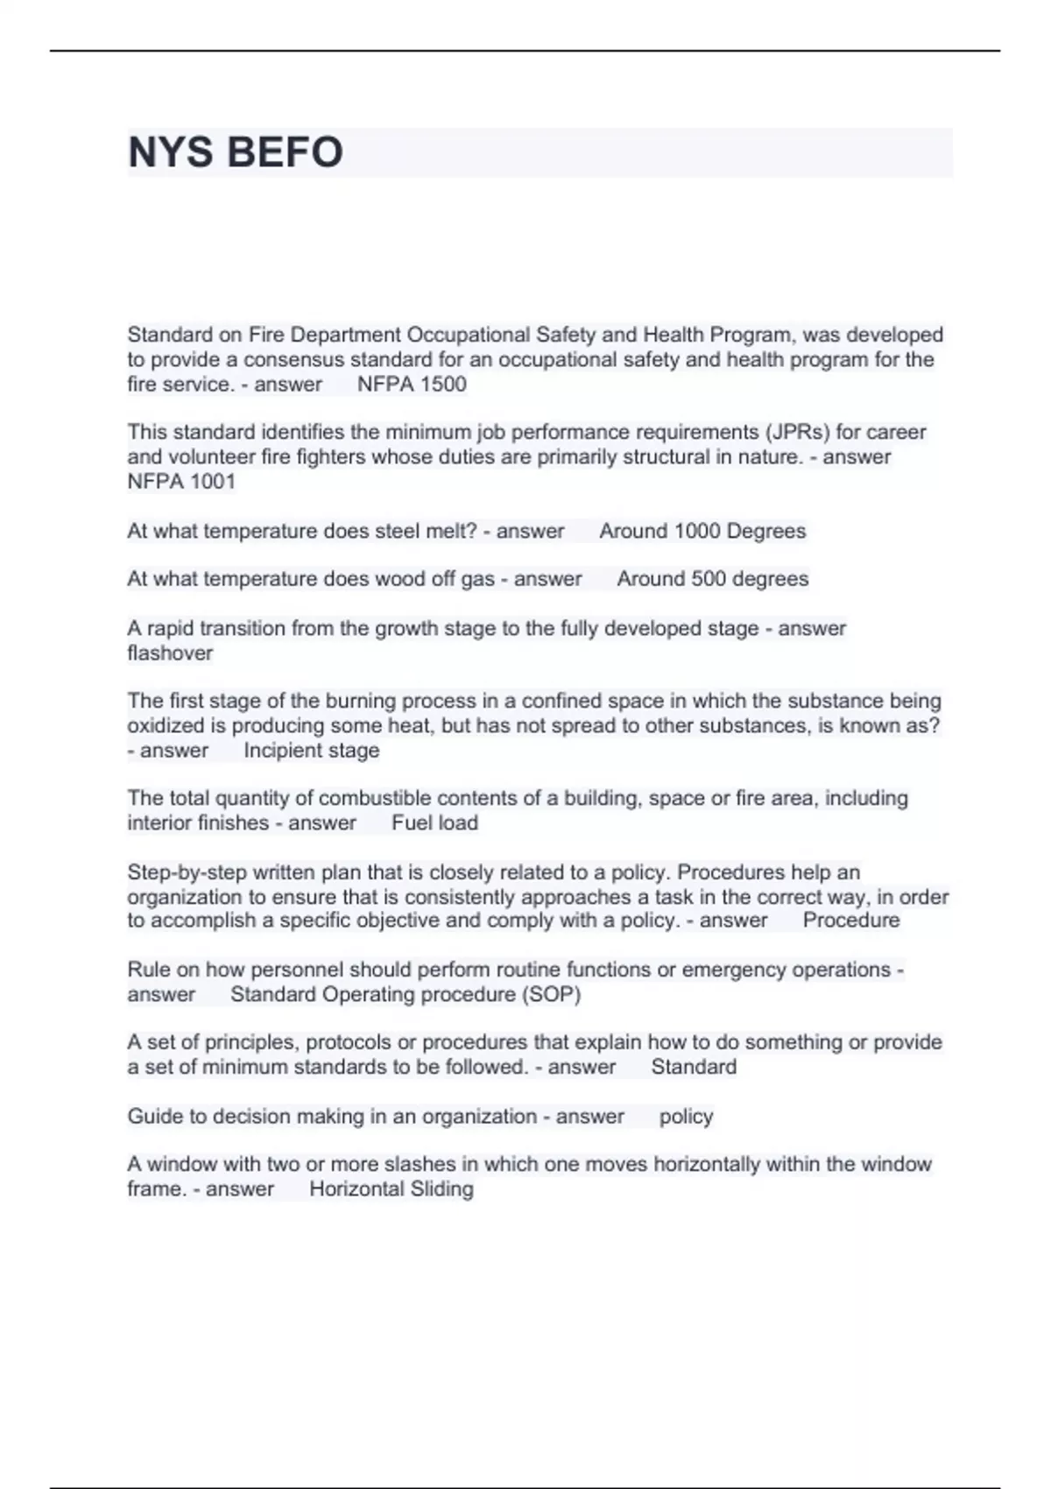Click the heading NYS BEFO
(235, 152)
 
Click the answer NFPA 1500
(412, 385)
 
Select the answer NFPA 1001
(181, 482)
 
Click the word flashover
(170, 653)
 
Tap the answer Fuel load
(434, 823)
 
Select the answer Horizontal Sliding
(391, 1189)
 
